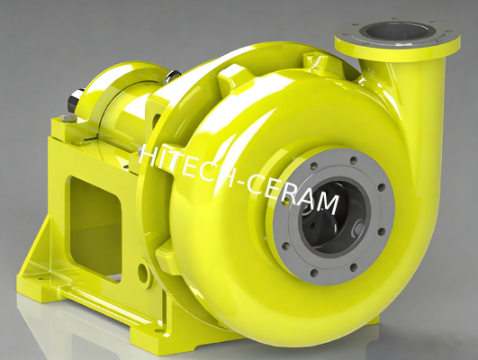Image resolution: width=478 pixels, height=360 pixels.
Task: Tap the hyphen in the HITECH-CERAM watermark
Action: [x=232, y=176]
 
